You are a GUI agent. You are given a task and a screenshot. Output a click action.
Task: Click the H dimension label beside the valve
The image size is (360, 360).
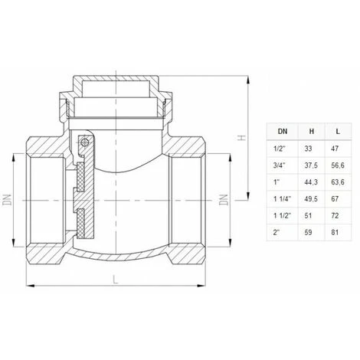[x=241, y=139]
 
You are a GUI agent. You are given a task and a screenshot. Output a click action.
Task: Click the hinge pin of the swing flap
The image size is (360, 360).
[x=88, y=141]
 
